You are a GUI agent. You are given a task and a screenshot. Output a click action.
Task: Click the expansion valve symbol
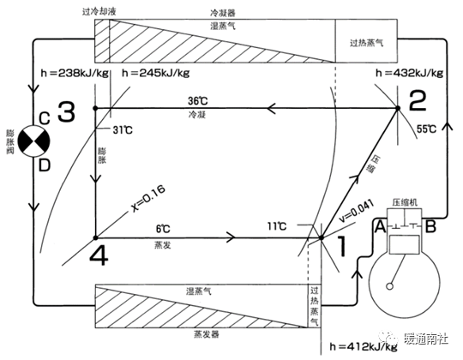pyautogui.click(x=34, y=141)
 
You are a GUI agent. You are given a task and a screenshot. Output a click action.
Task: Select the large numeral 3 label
pyautogui.click(x=66, y=111)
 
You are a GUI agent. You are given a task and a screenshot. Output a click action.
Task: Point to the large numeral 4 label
pyautogui.click(x=99, y=255)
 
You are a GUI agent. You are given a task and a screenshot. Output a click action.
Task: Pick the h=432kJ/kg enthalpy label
pyautogui.click(x=410, y=73)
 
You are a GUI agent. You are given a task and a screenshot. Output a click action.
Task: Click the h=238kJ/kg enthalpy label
pyautogui.click(x=75, y=73)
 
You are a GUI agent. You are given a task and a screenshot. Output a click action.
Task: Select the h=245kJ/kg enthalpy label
pyautogui.click(x=155, y=73)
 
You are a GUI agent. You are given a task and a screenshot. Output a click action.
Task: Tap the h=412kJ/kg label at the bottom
pyautogui.click(x=364, y=346)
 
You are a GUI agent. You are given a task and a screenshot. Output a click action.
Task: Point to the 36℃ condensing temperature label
pyautogui.click(x=198, y=101)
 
